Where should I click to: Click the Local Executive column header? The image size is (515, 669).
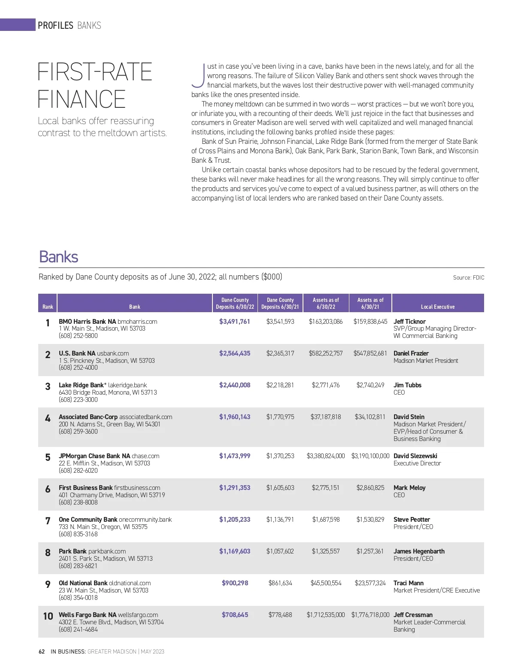[x=437, y=307]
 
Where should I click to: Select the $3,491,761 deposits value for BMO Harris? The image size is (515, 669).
[x=234, y=321]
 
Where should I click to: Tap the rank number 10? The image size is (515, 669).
[x=48, y=616]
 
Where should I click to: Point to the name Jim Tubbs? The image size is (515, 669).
[x=407, y=385]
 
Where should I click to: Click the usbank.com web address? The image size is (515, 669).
[x=113, y=353]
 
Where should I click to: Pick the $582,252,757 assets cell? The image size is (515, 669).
[x=325, y=353]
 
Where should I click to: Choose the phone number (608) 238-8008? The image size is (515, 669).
[x=78, y=502]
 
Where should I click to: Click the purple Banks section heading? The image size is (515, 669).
[x=58, y=257]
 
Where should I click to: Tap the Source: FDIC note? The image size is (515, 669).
[x=468, y=278]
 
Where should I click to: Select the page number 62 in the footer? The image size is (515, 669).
[x=42, y=651]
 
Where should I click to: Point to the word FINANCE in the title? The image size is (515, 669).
[x=82, y=99]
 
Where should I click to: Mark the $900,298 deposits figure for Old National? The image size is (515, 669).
[x=235, y=583]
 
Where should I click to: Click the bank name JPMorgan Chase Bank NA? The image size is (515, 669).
[x=94, y=456]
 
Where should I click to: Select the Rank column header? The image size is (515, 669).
[x=48, y=307]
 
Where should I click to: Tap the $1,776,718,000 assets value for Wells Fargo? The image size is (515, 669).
[x=370, y=615]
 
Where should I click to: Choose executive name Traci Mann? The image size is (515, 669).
[x=408, y=583]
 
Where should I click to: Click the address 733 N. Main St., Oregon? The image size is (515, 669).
[x=103, y=527]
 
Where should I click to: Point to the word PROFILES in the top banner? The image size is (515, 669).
[x=55, y=25]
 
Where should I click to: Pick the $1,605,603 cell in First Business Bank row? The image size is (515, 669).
[x=280, y=488]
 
